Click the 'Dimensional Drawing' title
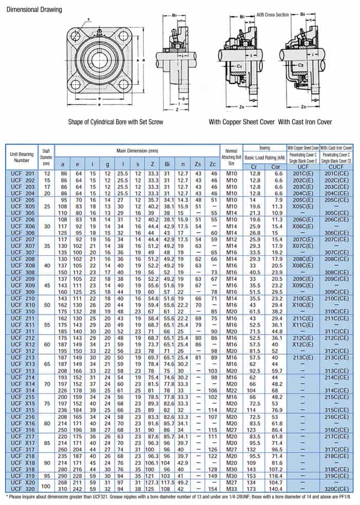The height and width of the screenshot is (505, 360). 34,9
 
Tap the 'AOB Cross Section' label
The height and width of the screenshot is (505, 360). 273,15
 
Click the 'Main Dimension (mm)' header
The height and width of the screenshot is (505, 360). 136,151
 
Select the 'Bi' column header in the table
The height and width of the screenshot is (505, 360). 168,164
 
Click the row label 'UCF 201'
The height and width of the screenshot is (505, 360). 22,174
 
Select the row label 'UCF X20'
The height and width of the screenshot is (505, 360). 22,482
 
